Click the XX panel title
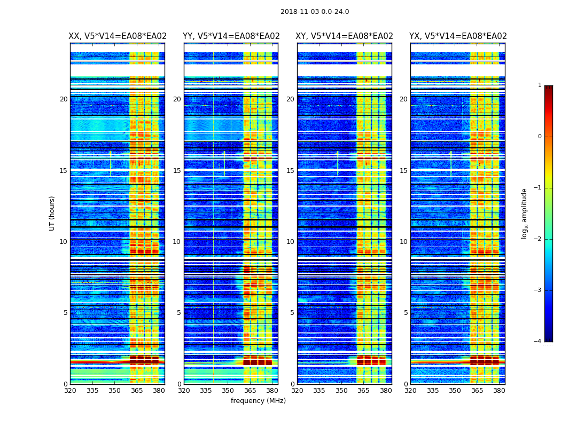coord(118,36)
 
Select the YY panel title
coord(231,36)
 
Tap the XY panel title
coord(345,36)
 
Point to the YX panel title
coord(458,36)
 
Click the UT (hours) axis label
coord(52,213)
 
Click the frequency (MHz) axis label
coord(258,401)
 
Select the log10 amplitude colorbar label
coord(525,213)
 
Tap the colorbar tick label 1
coord(539,85)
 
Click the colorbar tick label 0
coord(539,137)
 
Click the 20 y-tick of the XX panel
coord(64,99)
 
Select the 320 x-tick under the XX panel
coord(70,391)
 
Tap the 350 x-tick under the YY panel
coord(228,391)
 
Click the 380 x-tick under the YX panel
coord(499,391)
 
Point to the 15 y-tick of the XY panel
coord(290,171)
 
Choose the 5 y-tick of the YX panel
coord(406,313)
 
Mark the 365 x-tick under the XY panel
coord(363,391)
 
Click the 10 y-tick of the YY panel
coord(177,242)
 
